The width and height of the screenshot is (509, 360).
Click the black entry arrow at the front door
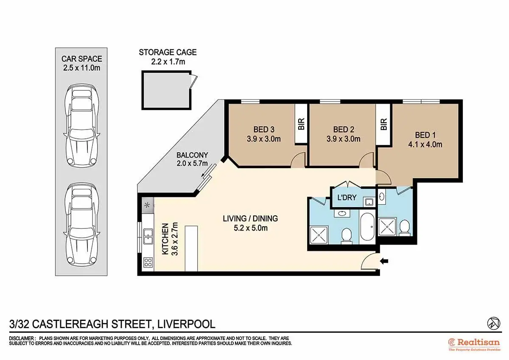tap(384, 261)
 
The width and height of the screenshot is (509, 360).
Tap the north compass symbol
tap(494, 323)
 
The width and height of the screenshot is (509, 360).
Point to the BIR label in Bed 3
tap(301, 124)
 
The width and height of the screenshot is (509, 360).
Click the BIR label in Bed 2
tap(383, 124)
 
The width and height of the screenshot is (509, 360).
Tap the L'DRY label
tap(347, 197)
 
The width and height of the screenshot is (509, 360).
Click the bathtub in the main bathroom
tap(367, 227)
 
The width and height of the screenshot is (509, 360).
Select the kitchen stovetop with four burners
tap(148, 262)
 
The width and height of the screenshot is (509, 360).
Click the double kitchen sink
tap(148, 236)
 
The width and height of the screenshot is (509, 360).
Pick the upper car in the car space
tap(81, 125)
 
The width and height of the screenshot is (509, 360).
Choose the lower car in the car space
tap(81, 224)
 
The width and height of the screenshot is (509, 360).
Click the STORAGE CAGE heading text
tap(168, 53)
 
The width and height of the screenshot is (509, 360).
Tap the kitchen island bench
tap(191, 249)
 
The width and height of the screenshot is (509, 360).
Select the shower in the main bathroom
tap(319, 235)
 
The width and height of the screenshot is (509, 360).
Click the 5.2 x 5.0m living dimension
tap(251, 228)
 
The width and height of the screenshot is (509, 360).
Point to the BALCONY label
tap(192, 155)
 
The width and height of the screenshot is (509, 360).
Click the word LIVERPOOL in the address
tap(186, 324)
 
